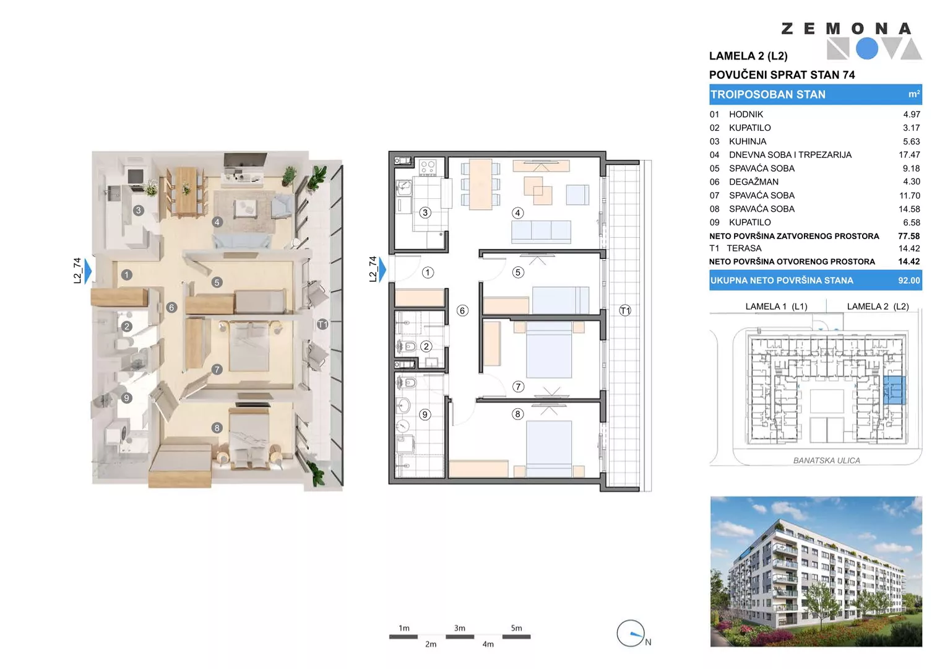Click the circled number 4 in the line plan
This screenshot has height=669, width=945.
click(517, 213)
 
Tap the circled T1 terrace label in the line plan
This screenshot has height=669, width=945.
click(625, 311)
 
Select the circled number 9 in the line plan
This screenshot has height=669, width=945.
click(425, 415)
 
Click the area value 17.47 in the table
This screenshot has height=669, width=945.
click(909, 155)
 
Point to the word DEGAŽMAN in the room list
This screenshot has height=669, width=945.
click(754, 181)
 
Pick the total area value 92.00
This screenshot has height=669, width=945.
click(909, 281)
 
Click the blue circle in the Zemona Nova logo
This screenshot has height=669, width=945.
click(867, 48)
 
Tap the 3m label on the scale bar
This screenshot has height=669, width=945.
click(459, 628)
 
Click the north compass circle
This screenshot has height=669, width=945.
click(630, 633)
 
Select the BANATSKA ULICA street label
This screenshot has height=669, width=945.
click(826, 460)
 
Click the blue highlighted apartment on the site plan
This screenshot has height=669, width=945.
click(894, 390)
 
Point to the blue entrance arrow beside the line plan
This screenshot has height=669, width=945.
click(382, 269)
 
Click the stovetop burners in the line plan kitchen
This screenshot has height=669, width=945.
click(428, 167)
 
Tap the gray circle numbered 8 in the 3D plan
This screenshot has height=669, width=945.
click(217, 428)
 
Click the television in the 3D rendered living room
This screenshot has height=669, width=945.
click(244, 161)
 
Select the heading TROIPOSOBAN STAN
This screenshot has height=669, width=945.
click(768, 95)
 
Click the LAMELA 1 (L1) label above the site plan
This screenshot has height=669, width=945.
click(776, 307)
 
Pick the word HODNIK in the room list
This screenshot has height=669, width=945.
click(746, 115)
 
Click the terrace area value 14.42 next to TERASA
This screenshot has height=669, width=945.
click(909, 249)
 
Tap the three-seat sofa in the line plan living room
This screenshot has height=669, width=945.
click(542, 232)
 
